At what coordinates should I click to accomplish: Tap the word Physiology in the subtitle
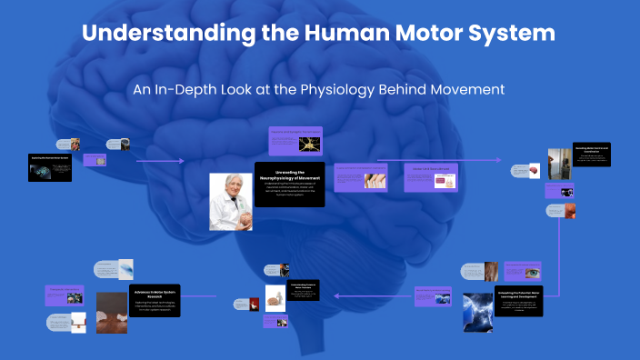tap(343, 90)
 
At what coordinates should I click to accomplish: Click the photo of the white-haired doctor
tap(231, 202)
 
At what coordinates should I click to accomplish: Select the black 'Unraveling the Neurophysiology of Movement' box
tap(289, 185)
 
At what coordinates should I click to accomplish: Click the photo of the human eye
tap(525, 271)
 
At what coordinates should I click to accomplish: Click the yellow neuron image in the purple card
tap(310, 143)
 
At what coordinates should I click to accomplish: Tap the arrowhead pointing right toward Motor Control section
tap(499, 160)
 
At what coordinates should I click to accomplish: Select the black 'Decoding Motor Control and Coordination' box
tap(591, 155)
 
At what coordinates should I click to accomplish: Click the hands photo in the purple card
tap(375, 179)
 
